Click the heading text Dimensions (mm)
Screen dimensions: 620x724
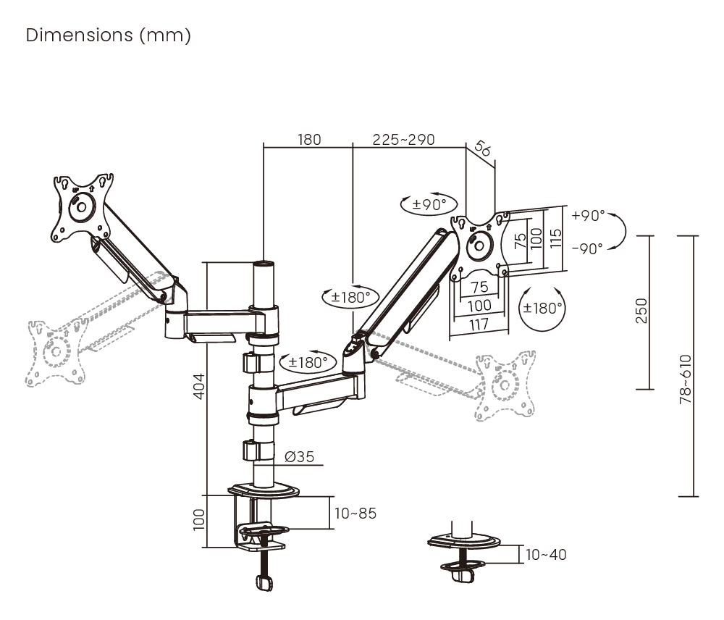point(109,35)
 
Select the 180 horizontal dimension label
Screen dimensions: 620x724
point(309,139)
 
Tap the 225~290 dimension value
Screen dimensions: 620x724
point(403,139)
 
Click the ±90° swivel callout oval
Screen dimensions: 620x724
point(429,204)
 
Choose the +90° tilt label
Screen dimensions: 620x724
point(587,215)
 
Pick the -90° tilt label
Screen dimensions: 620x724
point(587,248)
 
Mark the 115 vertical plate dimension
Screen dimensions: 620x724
point(555,238)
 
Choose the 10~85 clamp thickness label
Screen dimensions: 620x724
point(355,514)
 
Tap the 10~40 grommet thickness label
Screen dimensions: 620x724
point(546,555)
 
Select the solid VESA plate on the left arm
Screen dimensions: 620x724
point(81,206)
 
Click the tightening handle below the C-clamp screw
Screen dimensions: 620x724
point(265,582)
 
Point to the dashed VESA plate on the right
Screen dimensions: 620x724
point(506,385)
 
